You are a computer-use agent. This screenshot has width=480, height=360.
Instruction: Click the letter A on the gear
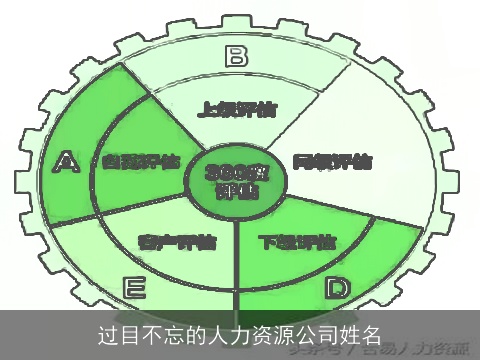pos(67,160)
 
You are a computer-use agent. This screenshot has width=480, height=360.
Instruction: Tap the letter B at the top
pos(236,56)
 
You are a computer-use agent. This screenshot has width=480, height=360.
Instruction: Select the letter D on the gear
pos(337,290)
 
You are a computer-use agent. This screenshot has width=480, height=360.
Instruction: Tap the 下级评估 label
pos(297,242)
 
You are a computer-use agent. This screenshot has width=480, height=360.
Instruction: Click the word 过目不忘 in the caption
pos(136,332)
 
